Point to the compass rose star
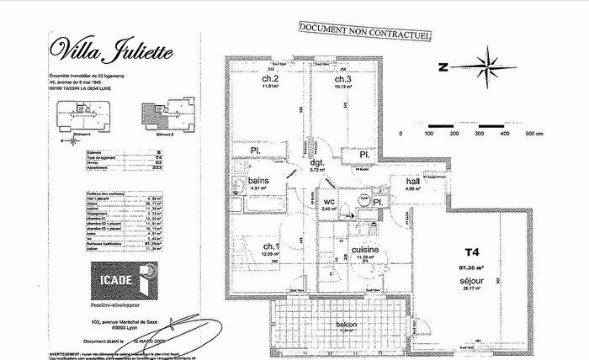[486, 65]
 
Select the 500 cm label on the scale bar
[533, 133]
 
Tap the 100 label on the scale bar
[428, 133]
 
